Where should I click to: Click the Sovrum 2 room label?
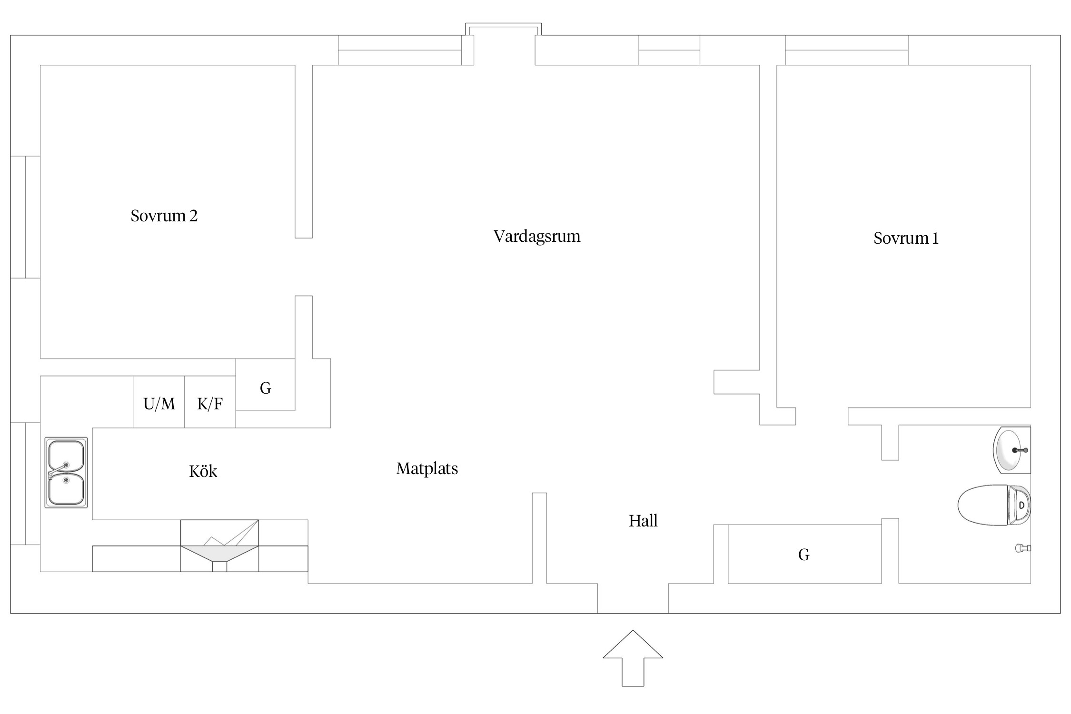164,216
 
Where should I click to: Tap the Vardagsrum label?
536,237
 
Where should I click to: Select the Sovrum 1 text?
905,238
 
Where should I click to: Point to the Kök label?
203,471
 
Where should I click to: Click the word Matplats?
426,469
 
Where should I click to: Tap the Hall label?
643,521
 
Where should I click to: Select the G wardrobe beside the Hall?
804,554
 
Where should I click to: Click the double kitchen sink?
66,473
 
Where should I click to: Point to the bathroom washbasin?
1012,450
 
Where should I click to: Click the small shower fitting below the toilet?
1022,548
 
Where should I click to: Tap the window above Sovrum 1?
846,50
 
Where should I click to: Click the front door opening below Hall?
633,598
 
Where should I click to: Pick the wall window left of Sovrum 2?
25,217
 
